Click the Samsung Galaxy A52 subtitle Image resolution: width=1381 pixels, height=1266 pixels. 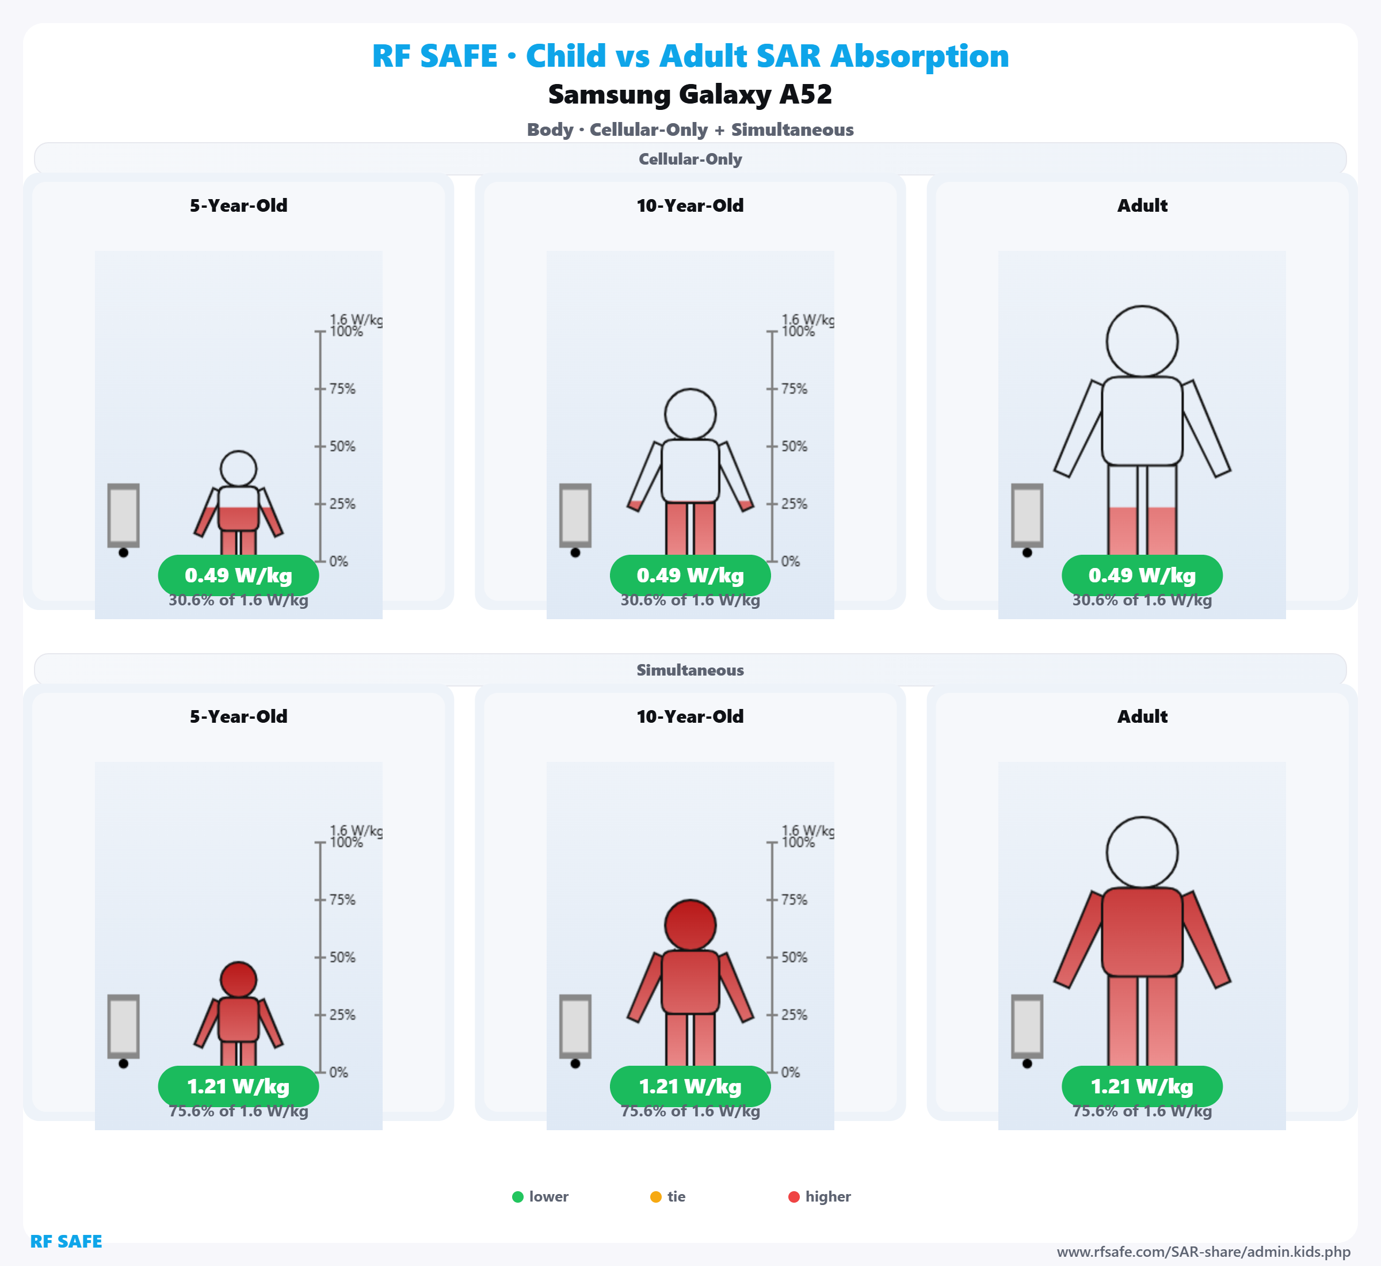coord(690,94)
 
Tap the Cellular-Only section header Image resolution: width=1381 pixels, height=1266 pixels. coord(690,159)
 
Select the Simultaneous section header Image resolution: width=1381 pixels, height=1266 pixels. coord(690,670)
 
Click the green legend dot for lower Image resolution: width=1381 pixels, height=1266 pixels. coord(518,1197)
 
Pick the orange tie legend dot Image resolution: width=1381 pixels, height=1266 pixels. coord(655,1197)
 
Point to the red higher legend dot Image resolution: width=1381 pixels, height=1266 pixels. coord(794,1197)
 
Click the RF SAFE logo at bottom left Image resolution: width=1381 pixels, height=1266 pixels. coord(66,1241)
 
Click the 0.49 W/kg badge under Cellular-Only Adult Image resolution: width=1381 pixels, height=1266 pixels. coord(1142,575)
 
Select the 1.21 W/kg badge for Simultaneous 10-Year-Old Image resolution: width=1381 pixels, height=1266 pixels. coord(690,1086)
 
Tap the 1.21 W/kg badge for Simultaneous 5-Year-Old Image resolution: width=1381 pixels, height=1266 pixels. coord(238,1086)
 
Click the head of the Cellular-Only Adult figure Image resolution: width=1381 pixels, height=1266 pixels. coord(1142,341)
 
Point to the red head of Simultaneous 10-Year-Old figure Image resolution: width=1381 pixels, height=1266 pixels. coord(690,925)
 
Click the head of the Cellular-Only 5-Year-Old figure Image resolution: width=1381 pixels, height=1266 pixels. coord(238,468)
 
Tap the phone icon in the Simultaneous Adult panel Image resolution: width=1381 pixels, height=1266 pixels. coord(1027,1026)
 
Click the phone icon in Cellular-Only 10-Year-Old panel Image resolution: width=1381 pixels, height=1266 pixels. coord(575,515)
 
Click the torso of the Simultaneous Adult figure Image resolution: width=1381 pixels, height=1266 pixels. coord(1142,932)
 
